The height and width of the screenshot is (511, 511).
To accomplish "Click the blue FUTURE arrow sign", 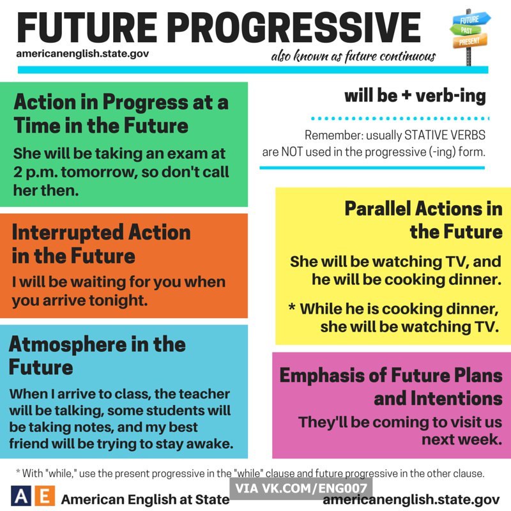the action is click(x=471, y=19).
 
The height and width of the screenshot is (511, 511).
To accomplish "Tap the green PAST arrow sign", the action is click(x=466, y=30).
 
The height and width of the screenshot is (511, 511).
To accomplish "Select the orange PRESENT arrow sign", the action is click(x=470, y=41).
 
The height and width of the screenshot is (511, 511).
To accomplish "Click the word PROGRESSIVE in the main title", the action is click(x=295, y=27).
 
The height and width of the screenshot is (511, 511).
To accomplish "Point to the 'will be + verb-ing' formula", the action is click(x=415, y=96).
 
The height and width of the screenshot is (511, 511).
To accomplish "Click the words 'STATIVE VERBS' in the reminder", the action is click(x=445, y=135).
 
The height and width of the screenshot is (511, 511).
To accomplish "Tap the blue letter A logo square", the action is click(x=21, y=496).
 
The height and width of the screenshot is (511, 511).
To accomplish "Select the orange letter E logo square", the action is click(x=44, y=496).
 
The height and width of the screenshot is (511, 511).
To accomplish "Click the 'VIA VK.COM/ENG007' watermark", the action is click(x=301, y=488).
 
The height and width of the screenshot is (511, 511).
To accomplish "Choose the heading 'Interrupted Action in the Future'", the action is click(x=101, y=244).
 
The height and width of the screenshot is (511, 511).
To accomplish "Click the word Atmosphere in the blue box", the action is click(x=67, y=344).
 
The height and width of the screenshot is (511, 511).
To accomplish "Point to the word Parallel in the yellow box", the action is click(x=378, y=209).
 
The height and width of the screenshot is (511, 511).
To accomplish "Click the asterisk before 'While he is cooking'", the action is click(x=292, y=307).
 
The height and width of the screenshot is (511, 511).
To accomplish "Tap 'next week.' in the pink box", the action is click(x=462, y=440).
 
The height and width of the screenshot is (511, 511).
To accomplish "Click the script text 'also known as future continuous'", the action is click(x=354, y=56).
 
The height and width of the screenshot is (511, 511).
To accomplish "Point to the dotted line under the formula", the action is click(x=400, y=118).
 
